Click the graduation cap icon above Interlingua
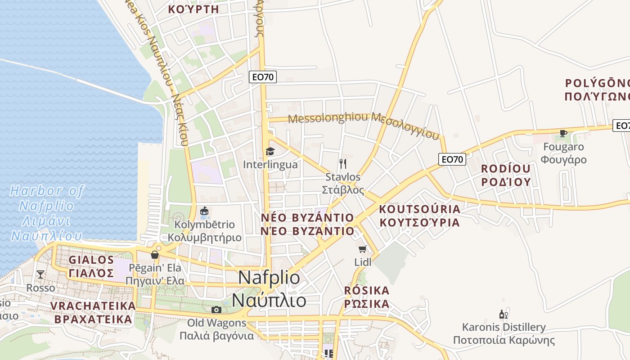click(270, 151)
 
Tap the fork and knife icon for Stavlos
click(343, 163)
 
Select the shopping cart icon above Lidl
click(363, 249)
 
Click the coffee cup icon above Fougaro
click(563, 133)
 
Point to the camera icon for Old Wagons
click(216, 310)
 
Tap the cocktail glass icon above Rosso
click(40, 274)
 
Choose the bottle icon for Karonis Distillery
click(504, 314)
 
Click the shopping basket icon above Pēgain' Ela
click(155, 255)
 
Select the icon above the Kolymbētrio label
click(204, 211)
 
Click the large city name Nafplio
click(269, 277)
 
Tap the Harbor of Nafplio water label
click(47, 198)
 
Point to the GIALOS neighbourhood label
click(91, 260)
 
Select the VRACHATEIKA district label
click(93, 306)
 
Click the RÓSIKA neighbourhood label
click(367, 290)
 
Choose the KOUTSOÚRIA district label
click(419, 209)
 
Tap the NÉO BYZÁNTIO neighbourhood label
click(307, 218)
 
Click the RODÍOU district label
click(506, 169)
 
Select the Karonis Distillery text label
click(504, 327)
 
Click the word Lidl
click(363, 262)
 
